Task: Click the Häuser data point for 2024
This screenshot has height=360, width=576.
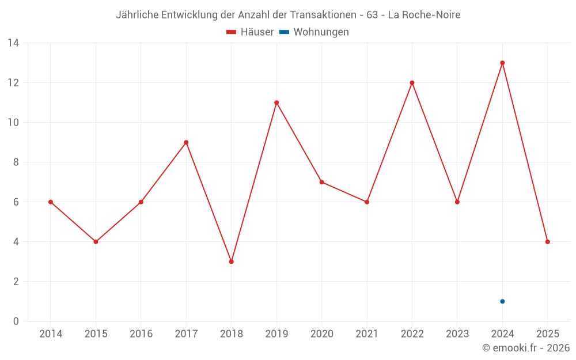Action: click(502, 63)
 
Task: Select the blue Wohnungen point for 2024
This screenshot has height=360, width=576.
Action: click(502, 301)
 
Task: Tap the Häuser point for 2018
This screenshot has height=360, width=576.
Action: click(232, 262)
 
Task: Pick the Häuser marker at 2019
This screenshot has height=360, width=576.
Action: click(276, 103)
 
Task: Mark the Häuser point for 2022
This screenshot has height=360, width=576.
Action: click(412, 83)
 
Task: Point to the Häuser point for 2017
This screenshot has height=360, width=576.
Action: click(186, 142)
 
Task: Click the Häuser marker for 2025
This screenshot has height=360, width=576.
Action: click(547, 242)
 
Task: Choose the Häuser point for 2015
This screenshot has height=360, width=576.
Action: click(96, 242)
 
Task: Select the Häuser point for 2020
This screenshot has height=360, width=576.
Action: click(321, 182)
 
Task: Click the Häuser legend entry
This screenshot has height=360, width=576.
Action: click(251, 32)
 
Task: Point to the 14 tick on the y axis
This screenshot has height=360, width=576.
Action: click(13, 43)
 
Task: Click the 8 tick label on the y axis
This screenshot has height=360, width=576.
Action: click(16, 162)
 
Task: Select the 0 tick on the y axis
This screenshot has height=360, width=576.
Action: click(16, 321)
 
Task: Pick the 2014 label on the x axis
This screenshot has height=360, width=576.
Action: click(51, 334)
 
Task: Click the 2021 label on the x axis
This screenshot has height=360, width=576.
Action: click(367, 334)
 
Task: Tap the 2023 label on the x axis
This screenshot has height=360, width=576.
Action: click(457, 334)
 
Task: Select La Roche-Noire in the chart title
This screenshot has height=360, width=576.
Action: click(424, 15)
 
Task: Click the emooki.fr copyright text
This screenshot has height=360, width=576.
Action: click(526, 348)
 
